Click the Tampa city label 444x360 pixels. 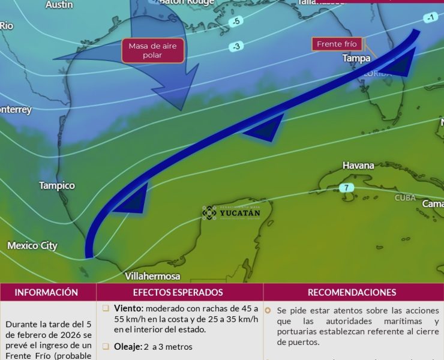pyautogui.click(x=356, y=58)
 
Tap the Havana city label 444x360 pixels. pyautogui.click(x=358, y=165)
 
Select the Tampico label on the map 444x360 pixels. pyautogui.click(x=57, y=185)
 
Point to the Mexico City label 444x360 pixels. pyautogui.click(x=32, y=245)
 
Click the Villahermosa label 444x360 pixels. pyautogui.click(x=152, y=276)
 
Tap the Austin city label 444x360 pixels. pyautogui.click(x=59, y=5)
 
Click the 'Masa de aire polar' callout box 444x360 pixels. pyautogui.click(x=152, y=50)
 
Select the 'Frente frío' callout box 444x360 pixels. pyautogui.click(x=337, y=44)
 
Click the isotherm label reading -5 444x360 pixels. pyautogui.click(x=236, y=22)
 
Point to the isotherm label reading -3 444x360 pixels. pyautogui.click(x=236, y=46)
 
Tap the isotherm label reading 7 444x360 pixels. pyautogui.click(x=346, y=188)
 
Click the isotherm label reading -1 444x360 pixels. pyautogui.click(x=429, y=18)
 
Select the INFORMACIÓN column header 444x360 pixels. pyautogui.click(x=47, y=292)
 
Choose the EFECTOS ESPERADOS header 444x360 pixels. pyautogui.click(x=178, y=292)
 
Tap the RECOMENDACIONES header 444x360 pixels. pyautogui.click(x=352, y=292)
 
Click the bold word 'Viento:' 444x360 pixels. pyautogui.click(x=128, y=308)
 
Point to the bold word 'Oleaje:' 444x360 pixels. pyautogui.click(x=128, y=346)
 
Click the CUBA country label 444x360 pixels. pyautogui.click(x=405, y=198)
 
